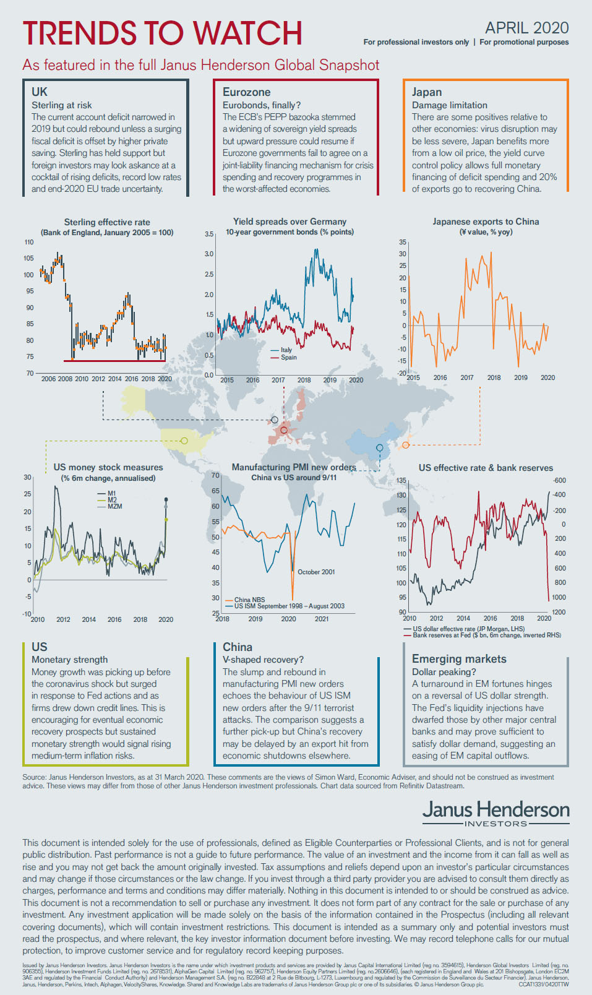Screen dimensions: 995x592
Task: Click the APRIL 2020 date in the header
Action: [526, 28]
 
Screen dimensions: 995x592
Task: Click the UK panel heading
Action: [40, 92]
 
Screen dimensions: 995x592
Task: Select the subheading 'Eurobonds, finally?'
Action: [261, 105]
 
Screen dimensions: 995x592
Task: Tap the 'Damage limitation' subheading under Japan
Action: [449, 105]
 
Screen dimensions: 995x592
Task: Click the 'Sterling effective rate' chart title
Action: [107, 222]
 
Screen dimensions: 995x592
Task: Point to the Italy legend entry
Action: [286, 350]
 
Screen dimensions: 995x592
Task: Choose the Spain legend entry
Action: [288, 357]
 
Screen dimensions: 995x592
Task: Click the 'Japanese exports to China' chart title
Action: [486, 222]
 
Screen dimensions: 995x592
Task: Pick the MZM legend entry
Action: [114, 506]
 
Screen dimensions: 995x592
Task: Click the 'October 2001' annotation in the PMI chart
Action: [316, 572]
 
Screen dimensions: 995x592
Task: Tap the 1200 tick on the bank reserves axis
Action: [558, 612]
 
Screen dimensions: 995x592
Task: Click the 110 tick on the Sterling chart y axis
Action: [29, 242]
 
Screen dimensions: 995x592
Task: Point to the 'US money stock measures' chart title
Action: [108, 467]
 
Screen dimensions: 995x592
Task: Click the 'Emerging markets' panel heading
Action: [459, 659]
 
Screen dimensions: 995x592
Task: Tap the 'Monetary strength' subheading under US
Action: [69, 660]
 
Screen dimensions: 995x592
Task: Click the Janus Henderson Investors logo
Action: [495, 812]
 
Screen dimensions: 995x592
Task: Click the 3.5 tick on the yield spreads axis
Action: [209, 234]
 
